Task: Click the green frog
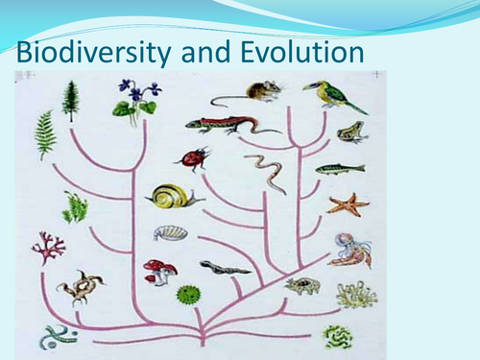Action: coord(351,132)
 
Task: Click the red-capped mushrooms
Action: coord(158,271)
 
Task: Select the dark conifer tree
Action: coord(70,100)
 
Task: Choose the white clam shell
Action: coord(169,233)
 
